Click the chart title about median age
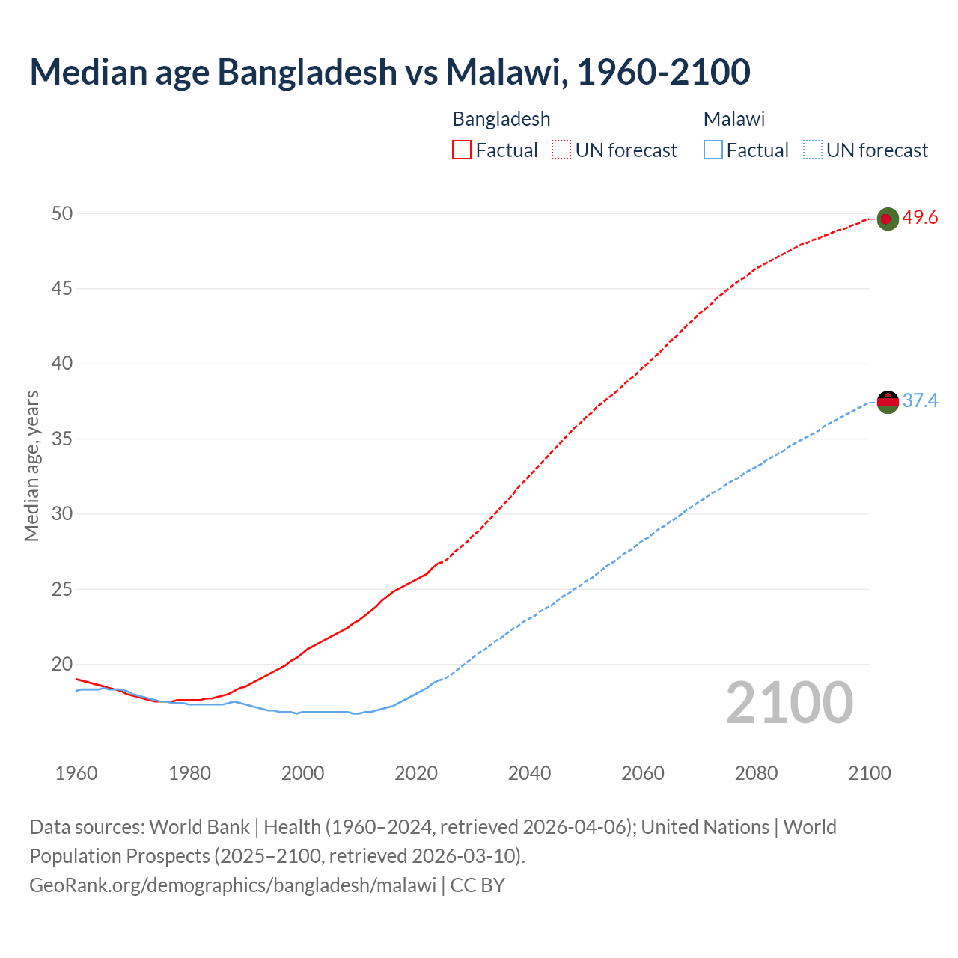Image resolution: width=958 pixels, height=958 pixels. pos(389,72)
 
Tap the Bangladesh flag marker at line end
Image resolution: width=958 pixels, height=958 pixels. pos(887,219)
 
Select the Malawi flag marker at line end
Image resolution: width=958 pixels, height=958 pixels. pos(887,402)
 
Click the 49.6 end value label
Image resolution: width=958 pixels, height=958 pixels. pos(920,218)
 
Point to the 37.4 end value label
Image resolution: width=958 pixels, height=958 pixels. pos(920,401)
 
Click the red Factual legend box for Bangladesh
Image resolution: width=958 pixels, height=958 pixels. pos(462,150)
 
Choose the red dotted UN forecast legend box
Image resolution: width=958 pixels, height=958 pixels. pos(561,150)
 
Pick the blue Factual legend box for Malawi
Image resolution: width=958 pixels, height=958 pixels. pos(713,150)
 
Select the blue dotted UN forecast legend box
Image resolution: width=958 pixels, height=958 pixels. pos(812,150)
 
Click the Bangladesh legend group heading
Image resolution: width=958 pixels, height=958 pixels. pos(501,119)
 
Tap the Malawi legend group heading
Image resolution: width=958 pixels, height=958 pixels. pos(734,119)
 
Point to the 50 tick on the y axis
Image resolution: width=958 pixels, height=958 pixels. pos(62,214)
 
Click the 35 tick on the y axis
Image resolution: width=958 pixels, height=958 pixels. pos(62,439)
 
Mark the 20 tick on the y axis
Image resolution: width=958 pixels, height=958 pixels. pos(62,665)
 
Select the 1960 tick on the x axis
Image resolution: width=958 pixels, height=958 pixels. pos(76,773)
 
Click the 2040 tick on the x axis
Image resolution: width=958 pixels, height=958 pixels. pos(529,773)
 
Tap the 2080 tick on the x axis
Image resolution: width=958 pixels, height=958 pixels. pos(756,773)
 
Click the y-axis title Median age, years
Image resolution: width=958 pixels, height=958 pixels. pos(31,466)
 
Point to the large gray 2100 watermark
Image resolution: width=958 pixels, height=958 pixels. pos(789,703)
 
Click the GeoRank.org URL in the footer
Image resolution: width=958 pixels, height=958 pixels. pos(232,885)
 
